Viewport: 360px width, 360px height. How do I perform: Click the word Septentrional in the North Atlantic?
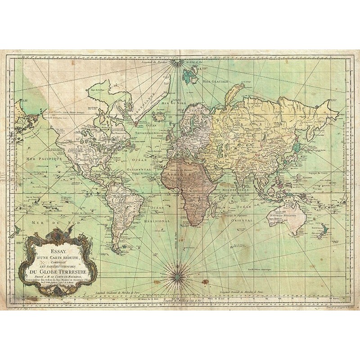click(151, 134)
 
